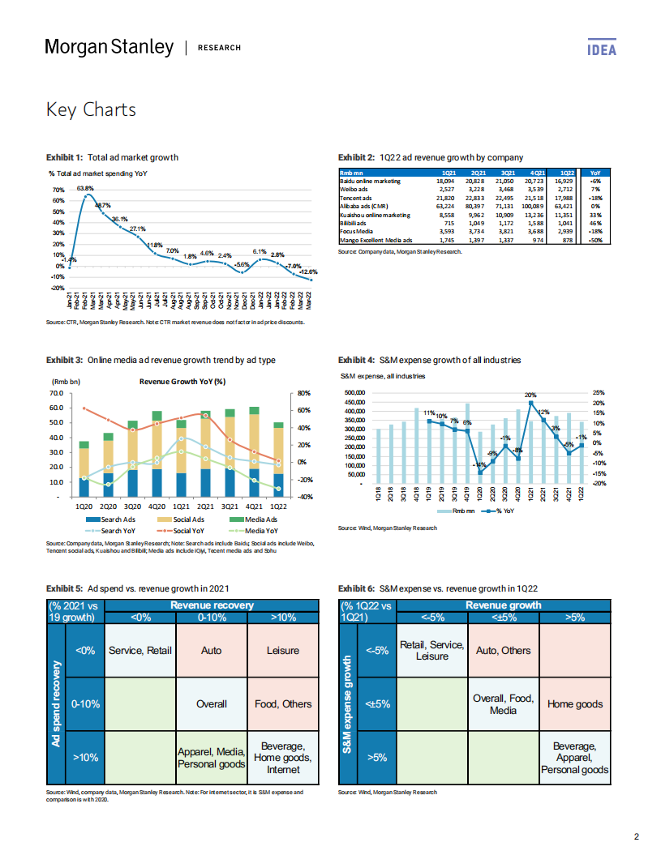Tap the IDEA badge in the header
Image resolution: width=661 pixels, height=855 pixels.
coord(601,49)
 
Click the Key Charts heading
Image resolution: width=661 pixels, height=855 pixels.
coord(91,109)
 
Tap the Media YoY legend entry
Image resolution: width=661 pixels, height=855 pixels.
coord(264,530)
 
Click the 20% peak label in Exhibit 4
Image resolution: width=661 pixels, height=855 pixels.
coord(530,395)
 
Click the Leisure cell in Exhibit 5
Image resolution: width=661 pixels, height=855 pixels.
coord(282,650)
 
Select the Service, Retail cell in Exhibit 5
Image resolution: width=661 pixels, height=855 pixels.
coord(139,650)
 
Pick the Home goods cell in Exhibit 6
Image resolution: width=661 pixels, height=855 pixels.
coord(575,704)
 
